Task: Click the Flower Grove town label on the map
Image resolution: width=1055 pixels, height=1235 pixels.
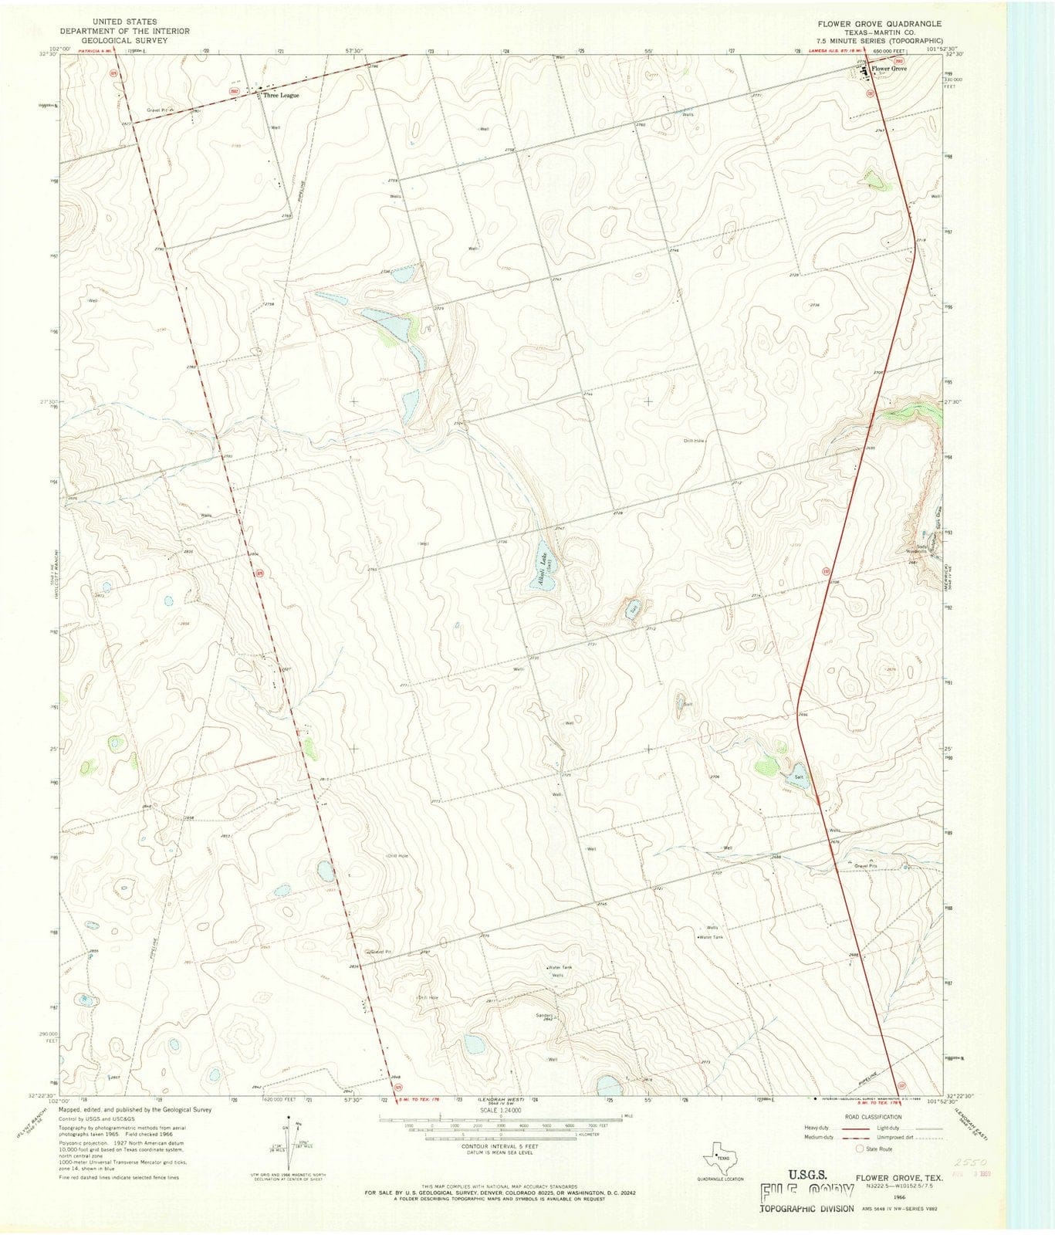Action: (889, 69)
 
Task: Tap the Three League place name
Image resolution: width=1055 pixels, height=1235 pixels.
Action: (280, 96)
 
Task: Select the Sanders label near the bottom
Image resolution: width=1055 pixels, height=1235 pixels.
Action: (544, 1015)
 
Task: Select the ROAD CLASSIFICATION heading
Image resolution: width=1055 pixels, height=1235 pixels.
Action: (872, 1117)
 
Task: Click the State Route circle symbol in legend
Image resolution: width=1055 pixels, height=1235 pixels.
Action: (859, 1148)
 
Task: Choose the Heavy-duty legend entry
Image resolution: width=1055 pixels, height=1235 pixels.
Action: (819, 1128)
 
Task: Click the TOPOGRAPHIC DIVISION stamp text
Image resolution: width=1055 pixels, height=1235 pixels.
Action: (807, 1208)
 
